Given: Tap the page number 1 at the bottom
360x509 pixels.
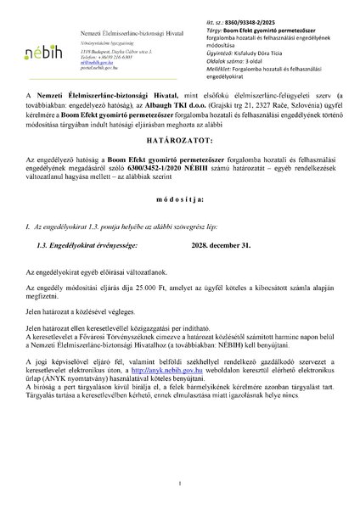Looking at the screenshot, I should tap(180, 483).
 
